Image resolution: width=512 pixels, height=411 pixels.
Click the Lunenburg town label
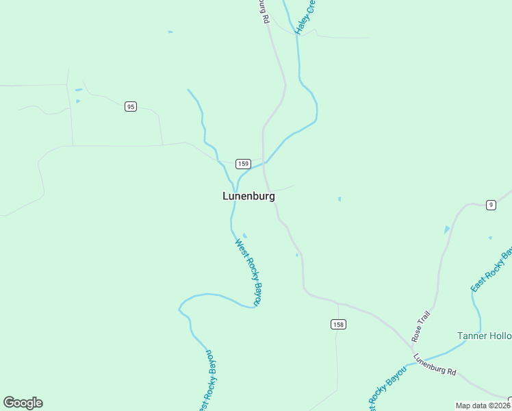click(248, 196)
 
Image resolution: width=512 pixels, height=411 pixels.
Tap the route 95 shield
click(131, 106)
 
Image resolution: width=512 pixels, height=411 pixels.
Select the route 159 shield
click(243, 164)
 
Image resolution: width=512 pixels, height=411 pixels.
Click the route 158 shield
click(337, 324)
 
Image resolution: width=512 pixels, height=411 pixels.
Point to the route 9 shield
click(491, 205)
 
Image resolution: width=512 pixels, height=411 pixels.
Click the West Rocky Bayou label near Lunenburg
click(249, 271)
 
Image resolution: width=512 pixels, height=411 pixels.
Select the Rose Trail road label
click(420, 326)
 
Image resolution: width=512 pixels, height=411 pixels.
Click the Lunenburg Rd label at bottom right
click(435, 364)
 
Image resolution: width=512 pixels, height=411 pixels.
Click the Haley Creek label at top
click(305, 17)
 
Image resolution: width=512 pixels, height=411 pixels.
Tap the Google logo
click(23, 403)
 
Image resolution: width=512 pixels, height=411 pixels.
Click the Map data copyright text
click(483, 406)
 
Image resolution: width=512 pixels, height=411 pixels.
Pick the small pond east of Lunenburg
click(340, 199)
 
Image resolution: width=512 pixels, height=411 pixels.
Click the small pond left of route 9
click(447, 229)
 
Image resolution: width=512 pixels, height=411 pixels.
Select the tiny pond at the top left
click(170, 32)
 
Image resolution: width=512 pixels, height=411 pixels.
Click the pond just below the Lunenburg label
click(245, 236)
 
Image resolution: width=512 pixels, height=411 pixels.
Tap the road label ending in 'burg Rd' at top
click(263, 11)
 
